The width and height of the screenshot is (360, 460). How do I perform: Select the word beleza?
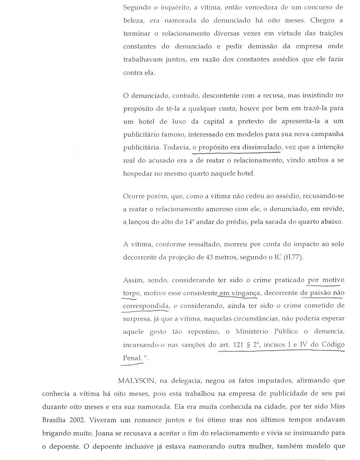click(x=133, y=20)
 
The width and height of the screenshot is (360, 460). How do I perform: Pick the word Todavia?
click(x=175, y=147)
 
